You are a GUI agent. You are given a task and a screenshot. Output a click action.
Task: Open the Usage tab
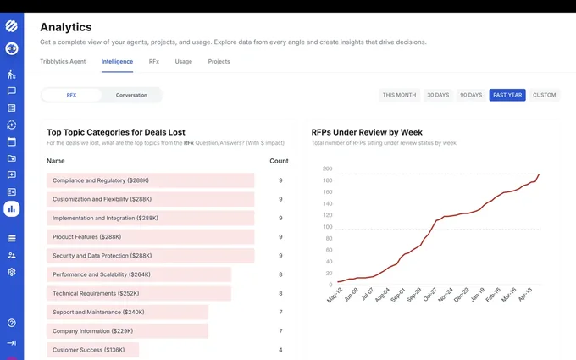[183, 61]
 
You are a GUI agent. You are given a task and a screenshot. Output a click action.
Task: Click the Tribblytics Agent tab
[63, 61]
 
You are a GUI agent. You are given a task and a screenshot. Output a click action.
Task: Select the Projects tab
[219, 61]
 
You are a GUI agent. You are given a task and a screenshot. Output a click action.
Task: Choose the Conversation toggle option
[131, 95]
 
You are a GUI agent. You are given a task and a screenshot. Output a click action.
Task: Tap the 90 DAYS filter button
[471, 95]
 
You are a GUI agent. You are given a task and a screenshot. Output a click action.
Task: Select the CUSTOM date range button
[544, 95]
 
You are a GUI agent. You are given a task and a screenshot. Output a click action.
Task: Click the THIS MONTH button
[399, 95]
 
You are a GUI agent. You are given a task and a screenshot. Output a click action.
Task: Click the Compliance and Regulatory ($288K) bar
[150, 180]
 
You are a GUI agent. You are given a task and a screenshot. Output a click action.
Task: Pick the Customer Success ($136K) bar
[92, 350]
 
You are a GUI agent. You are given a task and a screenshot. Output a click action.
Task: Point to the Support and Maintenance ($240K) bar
[127, 312]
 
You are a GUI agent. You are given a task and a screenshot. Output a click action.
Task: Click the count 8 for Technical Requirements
[280, 293]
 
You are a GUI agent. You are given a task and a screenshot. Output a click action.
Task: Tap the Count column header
[279, 161]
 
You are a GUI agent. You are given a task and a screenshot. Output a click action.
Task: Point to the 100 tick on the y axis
[327, 227]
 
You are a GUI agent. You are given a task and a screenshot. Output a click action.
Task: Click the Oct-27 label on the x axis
[429, 294]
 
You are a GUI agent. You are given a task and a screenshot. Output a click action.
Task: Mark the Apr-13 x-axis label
[525, 294]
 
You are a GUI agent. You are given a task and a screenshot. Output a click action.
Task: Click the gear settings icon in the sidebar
[12, 272]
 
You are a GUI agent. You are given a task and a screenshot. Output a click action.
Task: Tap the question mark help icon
[12, 323]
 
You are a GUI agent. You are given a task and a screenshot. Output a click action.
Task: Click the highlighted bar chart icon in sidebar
[12, 209]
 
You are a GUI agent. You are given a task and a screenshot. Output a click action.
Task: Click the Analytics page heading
[66, 27]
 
